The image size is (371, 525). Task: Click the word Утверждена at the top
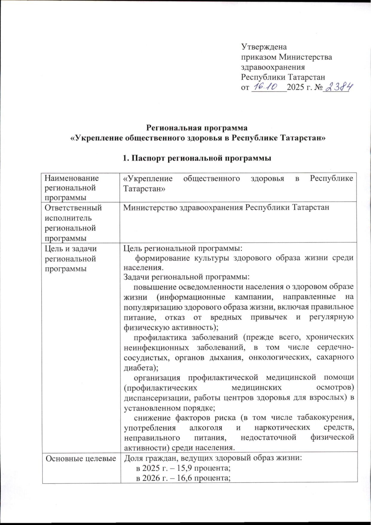tap(264, 47)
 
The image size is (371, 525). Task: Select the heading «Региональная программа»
tap(197, 128)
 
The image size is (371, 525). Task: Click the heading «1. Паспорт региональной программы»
tap(197, 158)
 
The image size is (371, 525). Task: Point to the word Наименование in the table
tap(72, 178)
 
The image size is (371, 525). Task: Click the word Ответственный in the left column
tap(74, 208)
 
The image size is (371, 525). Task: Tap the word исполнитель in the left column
tap(69, 218)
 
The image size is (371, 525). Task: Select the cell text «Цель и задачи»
tap(71, 249)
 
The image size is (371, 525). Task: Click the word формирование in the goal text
tap(162, 258)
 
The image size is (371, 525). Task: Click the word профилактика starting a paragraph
tap(160, 337)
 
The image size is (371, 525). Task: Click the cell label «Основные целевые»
tap(81, 458)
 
